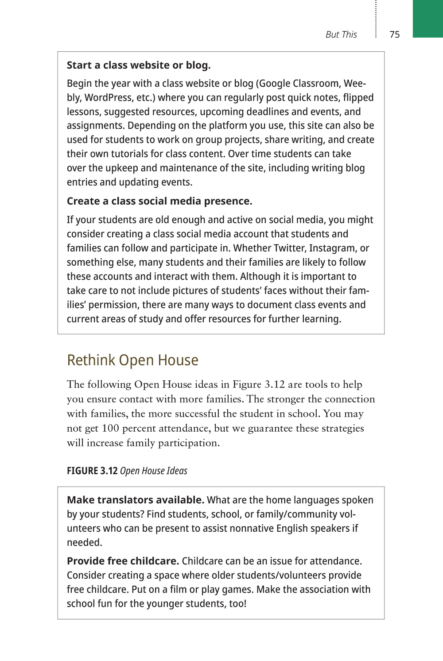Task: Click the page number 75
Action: tap(395, 35)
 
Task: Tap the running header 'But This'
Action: tap(341, 35)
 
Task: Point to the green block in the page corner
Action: tap(427, 19)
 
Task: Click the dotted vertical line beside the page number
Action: tap(376, 20)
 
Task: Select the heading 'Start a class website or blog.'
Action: tap(139, 65)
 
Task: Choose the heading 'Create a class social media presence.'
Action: tap(159, 201)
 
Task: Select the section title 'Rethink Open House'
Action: tap(132, 360)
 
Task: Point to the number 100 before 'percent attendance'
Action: tap(110, 429)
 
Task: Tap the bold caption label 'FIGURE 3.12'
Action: tap(92, 471)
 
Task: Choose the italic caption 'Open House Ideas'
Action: tap(154, 471)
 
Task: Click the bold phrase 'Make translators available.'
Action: tap(136, 500)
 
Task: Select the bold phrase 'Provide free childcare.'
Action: tap(123, 561)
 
